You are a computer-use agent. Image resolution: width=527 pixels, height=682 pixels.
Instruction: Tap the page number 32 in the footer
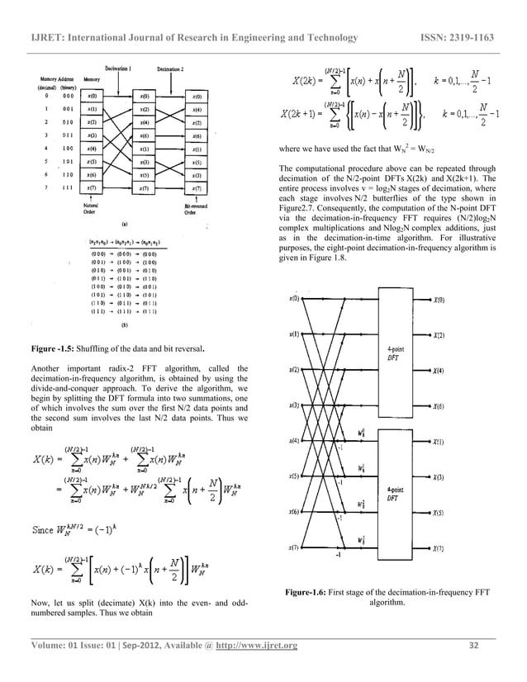pyautogui.click(x=473, y=645)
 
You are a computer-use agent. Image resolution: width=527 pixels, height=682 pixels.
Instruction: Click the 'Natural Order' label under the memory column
pyautogui.click(x=93, y=206)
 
